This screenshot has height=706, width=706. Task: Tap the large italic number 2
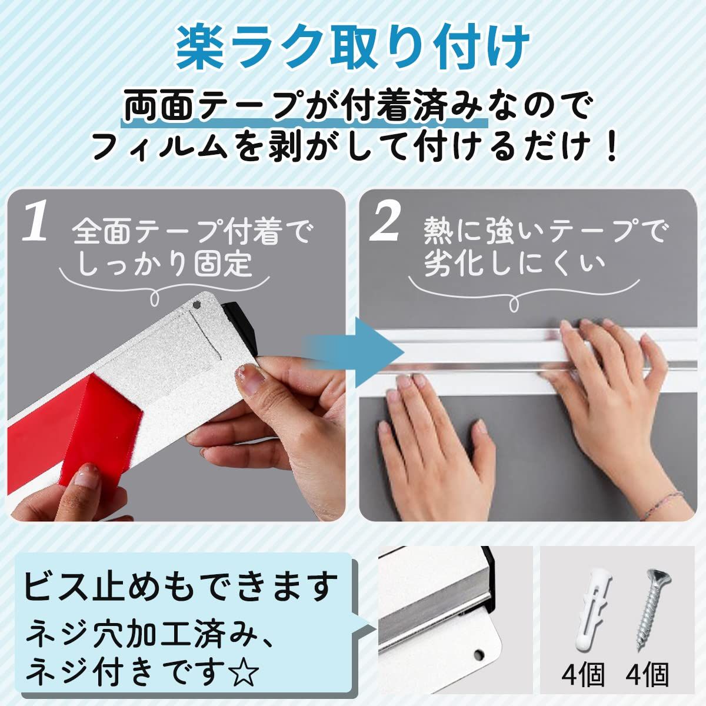point(383,223)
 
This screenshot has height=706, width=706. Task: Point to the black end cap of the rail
point(240,326)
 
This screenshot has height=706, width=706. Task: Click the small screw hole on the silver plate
point(197,304)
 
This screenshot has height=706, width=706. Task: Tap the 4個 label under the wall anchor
point(583,675)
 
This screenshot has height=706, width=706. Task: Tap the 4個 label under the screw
point(647,675)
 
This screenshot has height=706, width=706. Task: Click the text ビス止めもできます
point(181,588)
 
